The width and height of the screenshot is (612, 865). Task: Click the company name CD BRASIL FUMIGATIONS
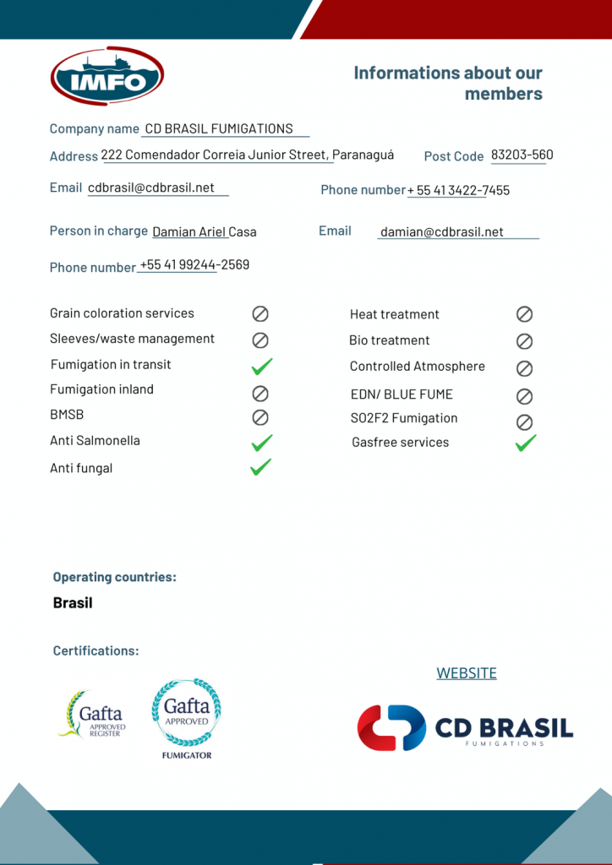point(219,129)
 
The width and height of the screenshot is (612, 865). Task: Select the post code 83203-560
point(522,155)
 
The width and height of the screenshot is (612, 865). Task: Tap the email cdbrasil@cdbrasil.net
point(151,188)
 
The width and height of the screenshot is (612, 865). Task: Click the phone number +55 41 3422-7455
point(459,191)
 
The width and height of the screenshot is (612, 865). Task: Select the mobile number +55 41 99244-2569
point(194,265)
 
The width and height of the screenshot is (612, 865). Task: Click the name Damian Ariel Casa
point(205,231)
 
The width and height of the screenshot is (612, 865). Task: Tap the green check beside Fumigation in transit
point(261,366)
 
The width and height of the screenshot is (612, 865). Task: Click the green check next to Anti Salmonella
point(261,442)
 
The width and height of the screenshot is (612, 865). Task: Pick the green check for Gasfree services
point(526,443)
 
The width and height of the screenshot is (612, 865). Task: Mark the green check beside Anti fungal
point(260,467)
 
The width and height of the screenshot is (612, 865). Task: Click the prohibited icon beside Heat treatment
point(524,314)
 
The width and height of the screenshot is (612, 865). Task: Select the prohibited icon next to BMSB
point(260,416)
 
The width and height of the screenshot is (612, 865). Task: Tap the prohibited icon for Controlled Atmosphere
point(524,368)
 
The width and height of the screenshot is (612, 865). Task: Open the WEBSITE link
point(467,673)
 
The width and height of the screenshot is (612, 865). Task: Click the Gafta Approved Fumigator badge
point(186,717)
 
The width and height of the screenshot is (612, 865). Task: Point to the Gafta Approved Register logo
point(93,715)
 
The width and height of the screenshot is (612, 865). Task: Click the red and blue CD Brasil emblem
point(391,727)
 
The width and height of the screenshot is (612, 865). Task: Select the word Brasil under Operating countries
point(73,603)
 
